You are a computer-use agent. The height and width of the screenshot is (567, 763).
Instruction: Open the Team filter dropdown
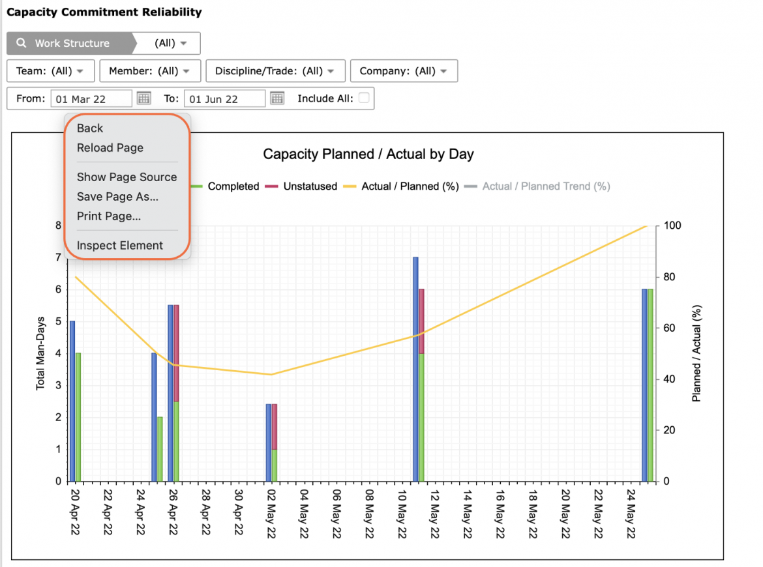tap(51, 71)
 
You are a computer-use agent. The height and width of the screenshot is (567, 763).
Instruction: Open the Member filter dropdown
tap(150, 71)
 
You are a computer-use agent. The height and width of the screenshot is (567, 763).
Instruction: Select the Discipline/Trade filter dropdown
tap(275, 71)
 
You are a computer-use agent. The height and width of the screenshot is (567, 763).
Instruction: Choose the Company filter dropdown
tap(404, 71)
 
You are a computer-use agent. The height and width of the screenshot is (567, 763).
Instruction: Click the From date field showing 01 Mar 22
tap(91, 98)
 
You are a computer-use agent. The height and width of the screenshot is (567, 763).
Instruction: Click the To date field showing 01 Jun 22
tap(224, 98)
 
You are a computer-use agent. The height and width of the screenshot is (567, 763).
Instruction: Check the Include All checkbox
tap(363, 98)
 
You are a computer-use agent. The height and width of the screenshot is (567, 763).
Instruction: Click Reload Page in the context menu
tap(110, 148)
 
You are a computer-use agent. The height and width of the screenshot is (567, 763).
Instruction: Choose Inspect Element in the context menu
tap(120, 246)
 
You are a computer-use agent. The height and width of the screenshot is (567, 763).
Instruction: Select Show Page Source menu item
tap(127, 177)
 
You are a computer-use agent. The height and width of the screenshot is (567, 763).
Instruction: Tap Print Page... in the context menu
tap(108, 216)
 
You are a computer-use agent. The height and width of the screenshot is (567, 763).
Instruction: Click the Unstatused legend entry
tap(301, 186)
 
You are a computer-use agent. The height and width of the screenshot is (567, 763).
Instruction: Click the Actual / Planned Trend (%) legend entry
tap(537, 186)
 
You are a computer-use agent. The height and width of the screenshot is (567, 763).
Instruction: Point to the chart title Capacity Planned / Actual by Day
tap(368, 154)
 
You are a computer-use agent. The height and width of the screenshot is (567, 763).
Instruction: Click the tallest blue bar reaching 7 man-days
tap(415, 370)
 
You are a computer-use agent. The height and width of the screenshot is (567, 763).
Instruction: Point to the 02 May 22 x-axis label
tap(271, 514)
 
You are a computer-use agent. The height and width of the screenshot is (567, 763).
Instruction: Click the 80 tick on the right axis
tap(670, 277)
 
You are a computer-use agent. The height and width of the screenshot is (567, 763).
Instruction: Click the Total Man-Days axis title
tap(40, 353)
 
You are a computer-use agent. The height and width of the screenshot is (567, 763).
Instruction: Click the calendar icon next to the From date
tap(143, 98)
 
